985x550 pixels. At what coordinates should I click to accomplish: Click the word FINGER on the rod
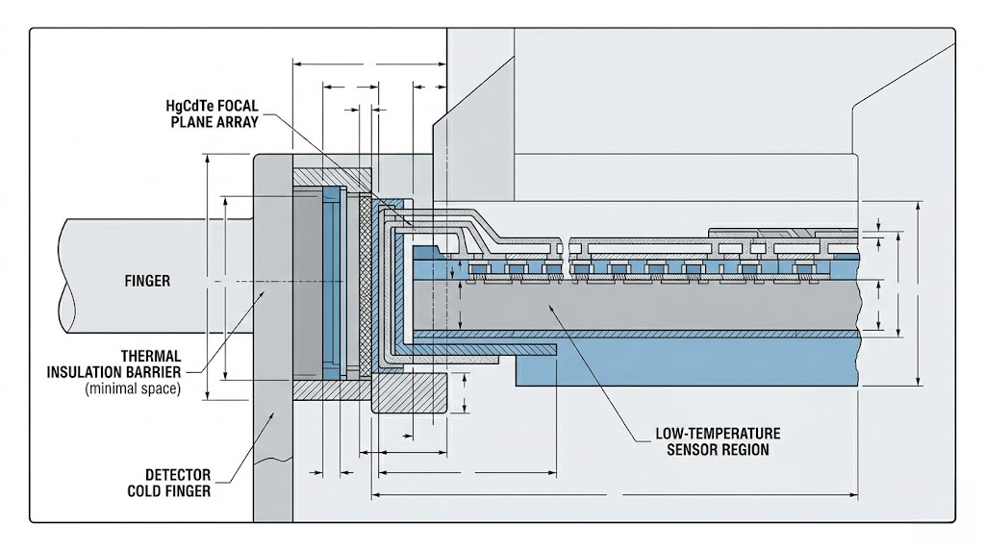click(147, 281)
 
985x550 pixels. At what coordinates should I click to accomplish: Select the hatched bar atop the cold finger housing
click(332, 177)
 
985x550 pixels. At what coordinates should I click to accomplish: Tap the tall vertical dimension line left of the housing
click(207, 279)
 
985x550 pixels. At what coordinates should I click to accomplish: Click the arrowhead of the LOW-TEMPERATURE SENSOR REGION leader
click(546, 305)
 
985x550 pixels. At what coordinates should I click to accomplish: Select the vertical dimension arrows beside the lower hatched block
click(466, 394)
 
